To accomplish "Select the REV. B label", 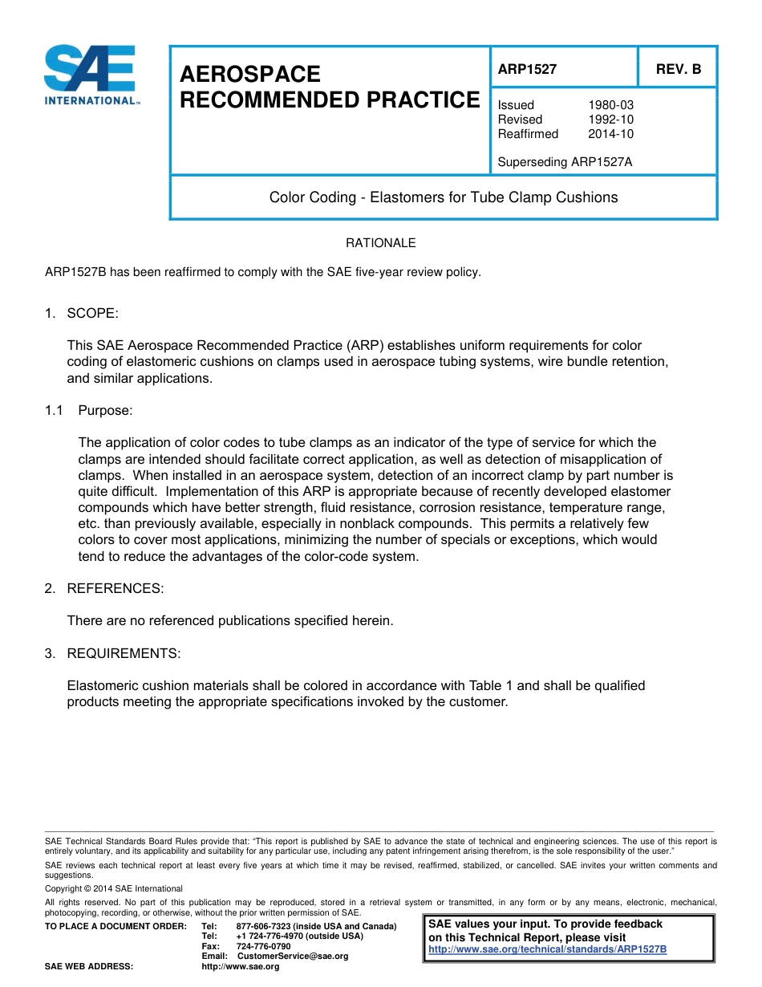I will [x=678, y=69].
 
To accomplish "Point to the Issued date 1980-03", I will [x=610, y=105].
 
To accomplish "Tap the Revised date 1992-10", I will [x=610, y=120].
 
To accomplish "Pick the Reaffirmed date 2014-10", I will [x=610, y=134].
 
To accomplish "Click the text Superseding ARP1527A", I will [x=565, y=162].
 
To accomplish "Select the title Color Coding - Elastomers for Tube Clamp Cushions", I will [x=443, y=197].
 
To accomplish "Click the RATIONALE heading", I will [x=380, y=243].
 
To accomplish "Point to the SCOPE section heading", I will [x=92, y=313].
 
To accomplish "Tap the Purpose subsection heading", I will [x=105, y=411].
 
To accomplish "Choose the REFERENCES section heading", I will [x=115, y=589].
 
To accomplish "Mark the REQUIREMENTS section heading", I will [x=124, y=654].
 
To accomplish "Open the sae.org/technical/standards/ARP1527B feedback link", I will [x=548, y=949].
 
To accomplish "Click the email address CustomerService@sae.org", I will [x=293, y=957].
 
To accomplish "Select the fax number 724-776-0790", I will [x=263, y=946].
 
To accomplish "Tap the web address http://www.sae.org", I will [x=240, y=967].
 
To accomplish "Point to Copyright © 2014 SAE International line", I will [x=114, y=888].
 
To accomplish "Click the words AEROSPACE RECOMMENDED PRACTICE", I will [x=329, y=87].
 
